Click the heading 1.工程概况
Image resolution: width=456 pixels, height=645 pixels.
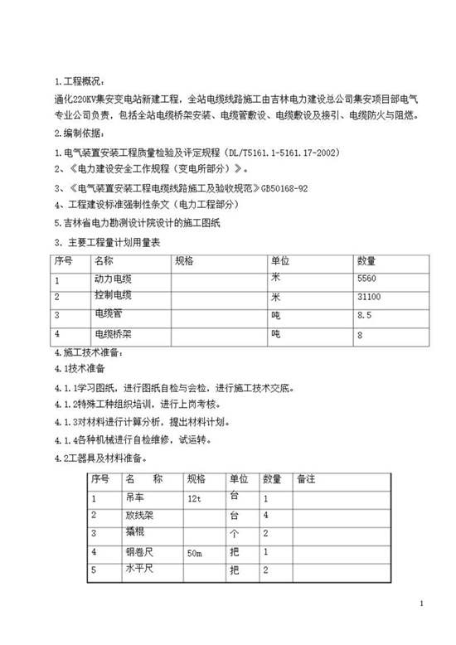tap(80, 81)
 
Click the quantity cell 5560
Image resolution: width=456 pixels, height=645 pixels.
tap(369, 279)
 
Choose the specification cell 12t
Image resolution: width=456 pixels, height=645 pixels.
tap(196, 498)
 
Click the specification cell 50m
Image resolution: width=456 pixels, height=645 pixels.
tap(196, 551)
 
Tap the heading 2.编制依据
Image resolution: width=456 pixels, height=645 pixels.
tap(80, 133)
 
